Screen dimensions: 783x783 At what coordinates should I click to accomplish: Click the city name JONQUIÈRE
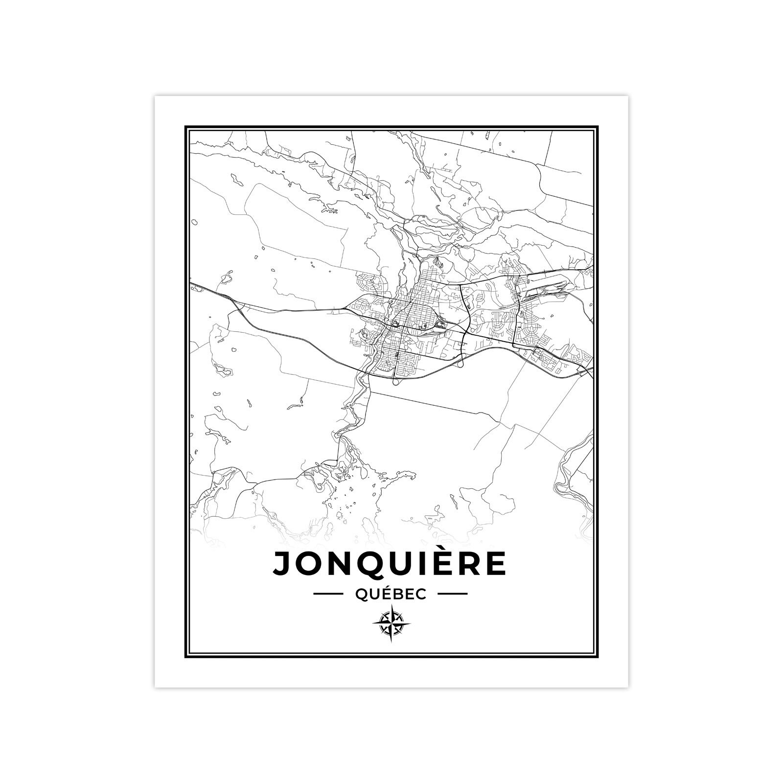pos(390,563)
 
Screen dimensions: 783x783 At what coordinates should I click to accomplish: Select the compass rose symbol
pos(391,623)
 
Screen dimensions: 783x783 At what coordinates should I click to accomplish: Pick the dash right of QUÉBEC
pos(452,594)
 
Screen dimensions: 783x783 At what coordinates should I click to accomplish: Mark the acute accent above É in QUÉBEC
pos(387,587)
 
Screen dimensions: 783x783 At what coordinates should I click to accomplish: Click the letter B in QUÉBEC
pos(398,594)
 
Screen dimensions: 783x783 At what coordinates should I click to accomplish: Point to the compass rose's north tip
pos(391,605)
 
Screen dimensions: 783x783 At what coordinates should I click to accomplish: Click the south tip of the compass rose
pos(391,641)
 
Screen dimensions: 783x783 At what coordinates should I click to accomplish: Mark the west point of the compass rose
pos(373,623)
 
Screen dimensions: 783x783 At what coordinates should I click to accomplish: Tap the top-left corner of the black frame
pos(186,127)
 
